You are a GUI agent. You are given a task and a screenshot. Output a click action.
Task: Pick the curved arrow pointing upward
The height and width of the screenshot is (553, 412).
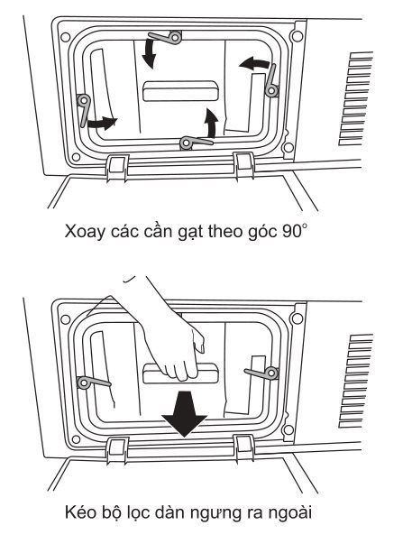tap(211, 121)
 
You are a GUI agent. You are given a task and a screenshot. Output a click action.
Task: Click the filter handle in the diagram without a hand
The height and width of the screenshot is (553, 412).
tap(180, 91)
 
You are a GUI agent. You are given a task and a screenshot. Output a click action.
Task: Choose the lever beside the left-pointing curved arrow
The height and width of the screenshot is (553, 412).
tap(271, 82)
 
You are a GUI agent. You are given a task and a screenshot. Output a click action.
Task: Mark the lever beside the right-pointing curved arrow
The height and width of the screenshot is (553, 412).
tap(84, 109)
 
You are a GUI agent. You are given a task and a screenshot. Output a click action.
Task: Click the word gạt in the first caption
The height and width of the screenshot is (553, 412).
tap(182, 231)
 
